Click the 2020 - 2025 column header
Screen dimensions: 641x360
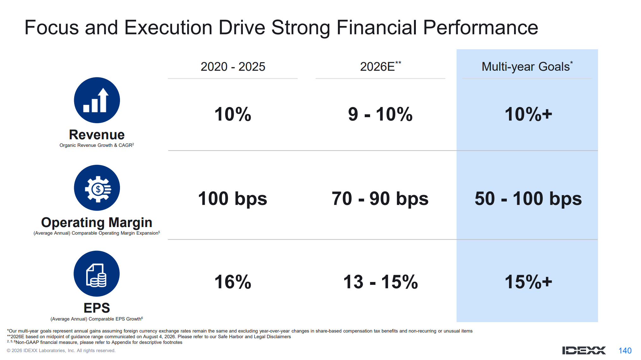(x=233, y=67)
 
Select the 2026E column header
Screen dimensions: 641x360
(x=380, y=66)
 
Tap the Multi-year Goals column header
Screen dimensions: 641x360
(x=527, y=67)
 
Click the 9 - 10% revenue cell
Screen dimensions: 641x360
(x=380, y=114)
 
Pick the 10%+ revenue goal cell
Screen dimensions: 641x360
(x=528, y=114)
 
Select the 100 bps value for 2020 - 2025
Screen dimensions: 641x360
(x=233, y=199)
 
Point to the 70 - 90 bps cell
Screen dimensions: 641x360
(x=380, y=199)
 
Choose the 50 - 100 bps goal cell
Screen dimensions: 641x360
(x=528, y=199)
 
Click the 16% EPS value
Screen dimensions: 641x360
(x=233, y=282)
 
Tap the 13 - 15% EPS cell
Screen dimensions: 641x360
(x=380, y=282)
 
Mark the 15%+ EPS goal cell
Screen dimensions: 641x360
(x=528, y=282)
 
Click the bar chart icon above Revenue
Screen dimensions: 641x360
(x=97, y=100)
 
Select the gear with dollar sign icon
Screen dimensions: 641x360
(x=97, y=188)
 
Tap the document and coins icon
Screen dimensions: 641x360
(x=97, y=274)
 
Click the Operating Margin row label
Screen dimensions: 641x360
(x=97, y=223)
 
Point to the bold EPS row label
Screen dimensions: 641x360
(x=97, y=308)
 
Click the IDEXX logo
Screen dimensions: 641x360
(x=584, y=351)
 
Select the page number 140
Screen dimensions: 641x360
(x=625, y=351)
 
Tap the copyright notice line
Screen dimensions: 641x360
(x=61, y=351)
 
